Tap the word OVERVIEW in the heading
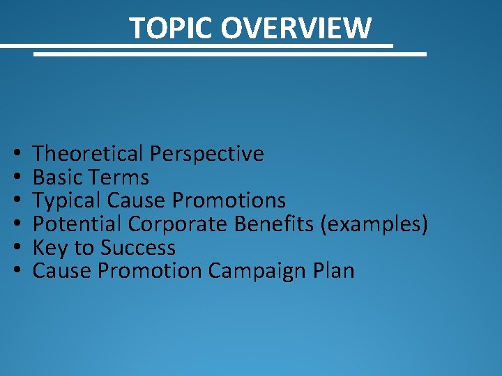click(x=296, y=29)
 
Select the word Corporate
click(x=178, y=224)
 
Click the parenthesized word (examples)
click(x=378, y=224)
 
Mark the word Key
click(x=49, y=248)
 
